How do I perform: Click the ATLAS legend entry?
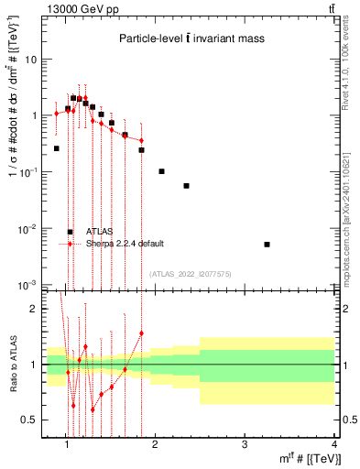coord(99,232)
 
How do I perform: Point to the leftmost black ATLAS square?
coord(56,147)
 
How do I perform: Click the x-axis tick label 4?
coord(335,445)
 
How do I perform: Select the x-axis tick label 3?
coord(245,445)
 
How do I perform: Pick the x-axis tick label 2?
coord(156,445)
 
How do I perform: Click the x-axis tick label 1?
coord(67,445)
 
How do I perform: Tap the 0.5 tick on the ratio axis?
coord(29,420)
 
